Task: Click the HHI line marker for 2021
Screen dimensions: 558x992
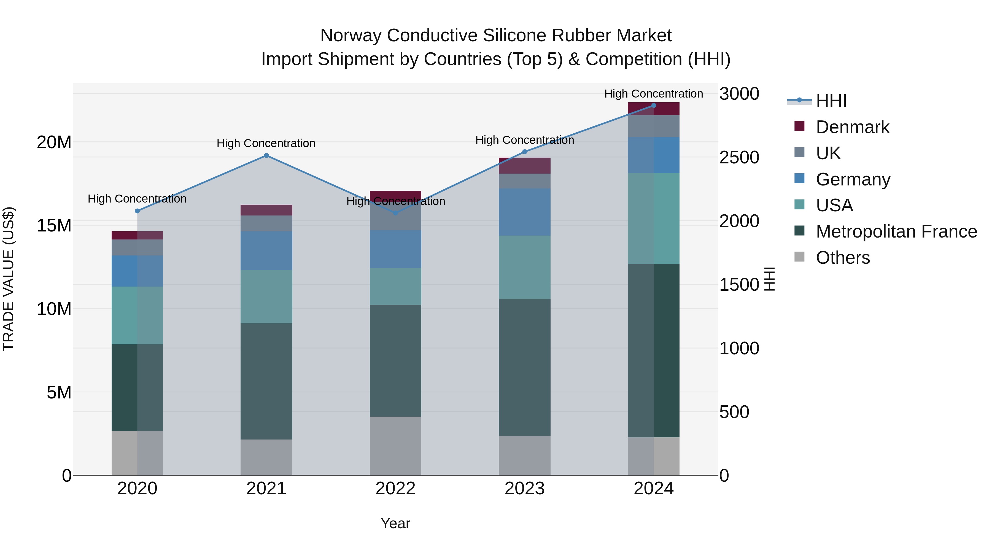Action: point(266,156)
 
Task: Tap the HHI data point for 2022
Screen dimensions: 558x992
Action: point(395,213)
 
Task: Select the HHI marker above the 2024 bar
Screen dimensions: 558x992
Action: point(654,106)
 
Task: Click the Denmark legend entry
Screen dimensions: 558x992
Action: point(852,127)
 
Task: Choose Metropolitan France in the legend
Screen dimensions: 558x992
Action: point(896,231)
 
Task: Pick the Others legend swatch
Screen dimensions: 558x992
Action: point(799,257)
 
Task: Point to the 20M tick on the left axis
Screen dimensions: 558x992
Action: point(54,142)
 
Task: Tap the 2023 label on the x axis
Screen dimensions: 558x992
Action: point(524,489)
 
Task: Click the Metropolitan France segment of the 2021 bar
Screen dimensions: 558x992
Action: point(266,381)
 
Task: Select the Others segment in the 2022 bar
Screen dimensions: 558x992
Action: point(395,446)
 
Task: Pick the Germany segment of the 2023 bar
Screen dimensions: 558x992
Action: point(524,212)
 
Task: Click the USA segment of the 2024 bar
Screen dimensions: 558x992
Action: point(654,218)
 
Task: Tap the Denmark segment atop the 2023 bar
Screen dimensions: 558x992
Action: point(524,166)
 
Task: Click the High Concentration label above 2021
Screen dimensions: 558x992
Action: point(266,143)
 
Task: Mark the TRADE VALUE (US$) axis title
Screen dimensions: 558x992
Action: point(9,279)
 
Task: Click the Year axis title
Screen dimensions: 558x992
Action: point(395,523)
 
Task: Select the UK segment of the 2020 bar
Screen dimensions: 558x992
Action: point(137,247)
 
